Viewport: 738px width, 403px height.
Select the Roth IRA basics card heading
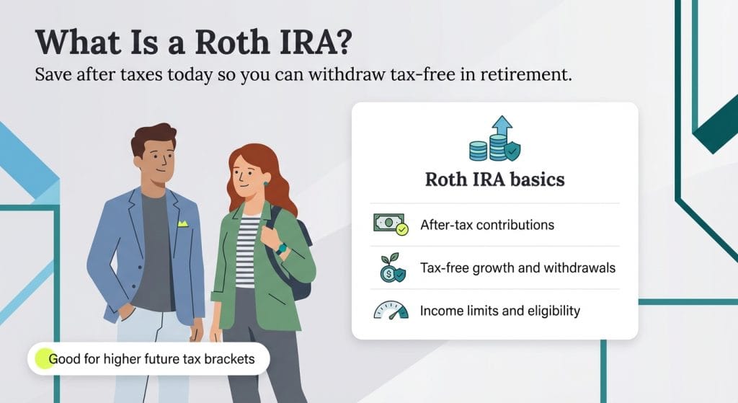click(494, 179)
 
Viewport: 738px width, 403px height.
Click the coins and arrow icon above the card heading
click(494, 141)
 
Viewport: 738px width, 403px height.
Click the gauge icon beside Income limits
click(390, 311)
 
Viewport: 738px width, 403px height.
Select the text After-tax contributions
click(487, 224)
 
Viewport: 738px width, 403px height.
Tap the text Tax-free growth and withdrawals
click(517, 268)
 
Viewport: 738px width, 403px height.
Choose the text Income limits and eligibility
click(499, 311)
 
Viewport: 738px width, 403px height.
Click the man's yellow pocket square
click(182, 224)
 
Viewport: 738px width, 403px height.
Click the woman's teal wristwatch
click(281, 248)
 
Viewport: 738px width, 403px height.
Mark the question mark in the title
click(343, 43)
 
